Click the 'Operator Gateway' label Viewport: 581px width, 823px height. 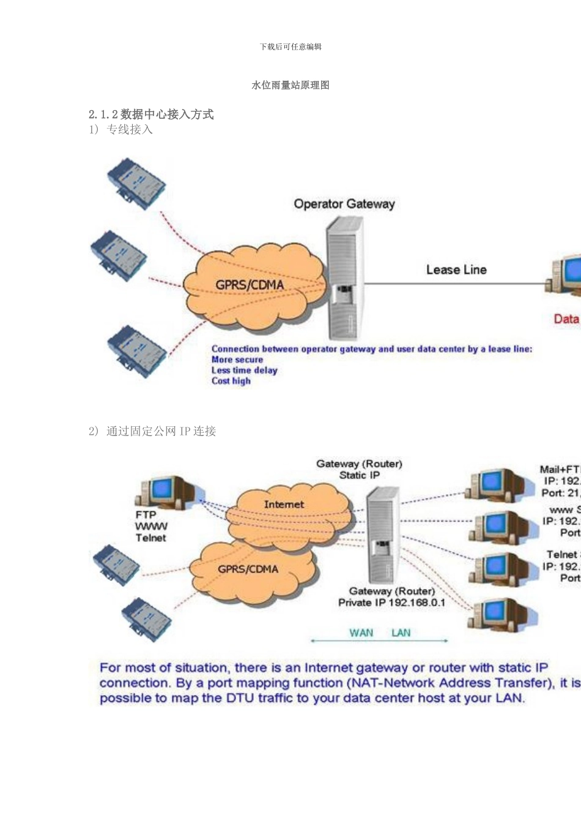pyautogui.click(x=344, y=204)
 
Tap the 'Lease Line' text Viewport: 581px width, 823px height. pyautogui.click(x=456, y=269)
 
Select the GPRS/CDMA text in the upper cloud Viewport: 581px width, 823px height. pyautogui.click(x=250, y=285)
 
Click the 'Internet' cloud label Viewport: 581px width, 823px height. pyautogui.click(x=284, y=504)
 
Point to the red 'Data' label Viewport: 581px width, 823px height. pyautogui.click(x=566, y=318)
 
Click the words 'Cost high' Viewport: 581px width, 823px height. pyautogui.click(x=231, y=381)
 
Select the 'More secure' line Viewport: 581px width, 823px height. pyautogui.click(x=237, y=359)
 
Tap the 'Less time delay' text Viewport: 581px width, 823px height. pyautogui.click(x=245, y=370)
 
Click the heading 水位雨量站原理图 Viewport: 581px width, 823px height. pyautogui.click(x=290, y=85)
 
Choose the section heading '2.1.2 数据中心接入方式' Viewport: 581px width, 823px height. pyautogui.click(x=151, y=114)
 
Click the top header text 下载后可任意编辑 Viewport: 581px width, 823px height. pyautogui.click(x=290, y=47)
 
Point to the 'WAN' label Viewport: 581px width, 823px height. pyautogui.click(x=361, y=633)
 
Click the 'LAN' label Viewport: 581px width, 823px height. pyautogui.click(x=401, y=633)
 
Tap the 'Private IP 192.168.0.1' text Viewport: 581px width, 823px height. pyautogui.click(x=392, y=603)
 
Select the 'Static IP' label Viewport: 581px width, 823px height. pyautogui.click(x=360, y=475)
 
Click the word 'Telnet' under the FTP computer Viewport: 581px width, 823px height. pyautogui.click(x=151, y=538)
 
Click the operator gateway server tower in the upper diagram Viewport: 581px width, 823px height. pyautogui.click(x=343, y=279)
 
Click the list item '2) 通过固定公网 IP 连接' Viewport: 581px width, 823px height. pyautogui.click(x=152, y=431)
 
